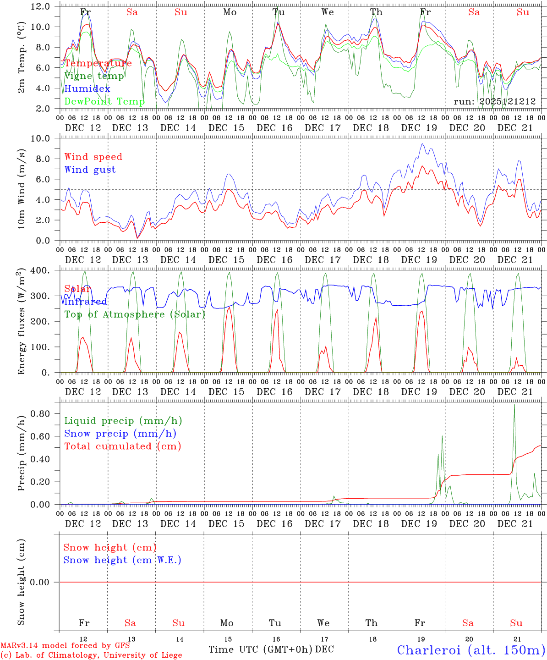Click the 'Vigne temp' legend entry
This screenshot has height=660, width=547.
[x=94, y=76]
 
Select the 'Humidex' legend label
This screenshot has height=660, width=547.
[x=87, y=88]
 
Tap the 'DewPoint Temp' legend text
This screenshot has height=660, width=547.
[x=104, y=101]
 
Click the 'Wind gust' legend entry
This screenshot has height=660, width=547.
[x=90, y=170]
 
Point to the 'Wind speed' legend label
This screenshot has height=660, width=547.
[x=93, y=157]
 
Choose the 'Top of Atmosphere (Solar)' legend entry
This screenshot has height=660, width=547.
[x=135, y=314]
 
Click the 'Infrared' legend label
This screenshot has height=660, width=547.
[x=86, y=302]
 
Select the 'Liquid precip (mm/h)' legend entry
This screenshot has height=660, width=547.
[x=123, y=421]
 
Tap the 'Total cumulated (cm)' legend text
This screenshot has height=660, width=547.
[x=123, y=446]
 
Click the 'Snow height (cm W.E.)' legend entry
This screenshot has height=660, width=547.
[x=122, y=560]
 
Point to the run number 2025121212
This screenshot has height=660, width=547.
[x=495, y=101]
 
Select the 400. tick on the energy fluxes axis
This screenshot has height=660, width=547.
[x=40, y=270]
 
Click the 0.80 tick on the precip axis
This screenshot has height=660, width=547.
[x=40, y=413]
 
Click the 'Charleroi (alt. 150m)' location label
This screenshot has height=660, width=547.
[x=470, y=650]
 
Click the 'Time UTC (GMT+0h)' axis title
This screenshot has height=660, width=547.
[x=260, y=649]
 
